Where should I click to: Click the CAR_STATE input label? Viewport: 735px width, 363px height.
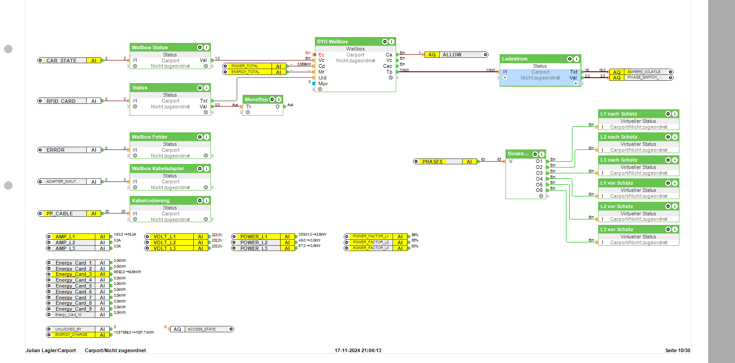[x=61, y=60]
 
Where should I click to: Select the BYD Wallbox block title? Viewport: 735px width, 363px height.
[x=332, y=42]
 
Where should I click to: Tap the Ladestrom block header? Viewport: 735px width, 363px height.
[x=515, y=59]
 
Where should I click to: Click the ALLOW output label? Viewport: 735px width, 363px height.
[x=452, y=55]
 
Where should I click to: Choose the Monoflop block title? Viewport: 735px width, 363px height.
[x=256, y=99]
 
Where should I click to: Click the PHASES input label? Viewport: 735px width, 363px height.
[x=432, y=162]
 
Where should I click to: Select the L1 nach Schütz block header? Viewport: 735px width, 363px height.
[x=619, y=114]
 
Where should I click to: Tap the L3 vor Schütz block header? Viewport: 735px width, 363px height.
[x=617, y=229]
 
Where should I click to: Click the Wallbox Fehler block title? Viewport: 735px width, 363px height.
[x=150, y=137]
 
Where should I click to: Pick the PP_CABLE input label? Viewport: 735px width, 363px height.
[x=60, y=214]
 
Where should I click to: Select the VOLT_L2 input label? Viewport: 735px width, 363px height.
[x=164, y=242]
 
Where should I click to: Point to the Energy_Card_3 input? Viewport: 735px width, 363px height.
[x=74, y=274]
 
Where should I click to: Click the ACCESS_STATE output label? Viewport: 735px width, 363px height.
[x=201, y=329]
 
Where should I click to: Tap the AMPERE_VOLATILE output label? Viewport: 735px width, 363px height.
[x=644, y=72]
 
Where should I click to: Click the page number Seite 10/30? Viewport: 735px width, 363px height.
[x=677, y=350]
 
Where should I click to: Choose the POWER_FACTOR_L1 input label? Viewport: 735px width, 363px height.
[x=370, y=236]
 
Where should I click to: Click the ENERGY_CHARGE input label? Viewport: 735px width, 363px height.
[x=71, y=335]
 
